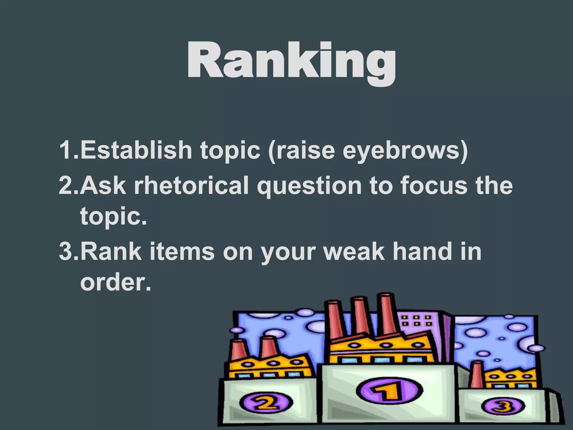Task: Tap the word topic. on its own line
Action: tap(113, 216)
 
